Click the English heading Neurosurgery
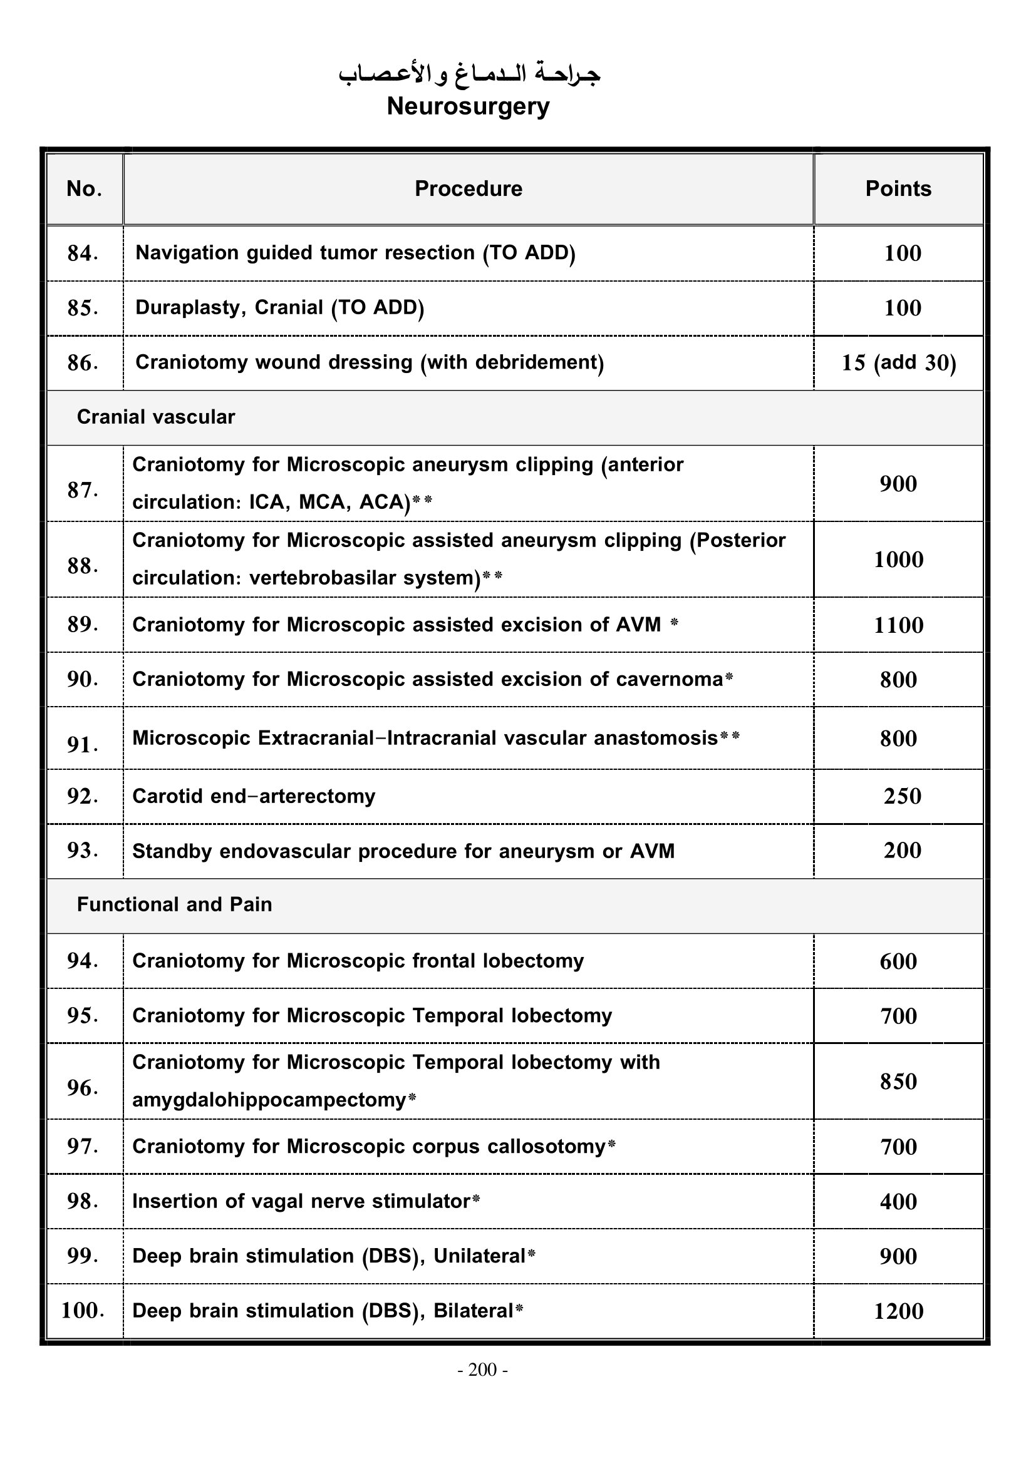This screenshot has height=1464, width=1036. point(469,106)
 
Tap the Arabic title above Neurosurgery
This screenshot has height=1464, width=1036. point(469,74)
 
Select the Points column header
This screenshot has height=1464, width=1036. point(898,189)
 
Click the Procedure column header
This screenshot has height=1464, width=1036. point(469,189)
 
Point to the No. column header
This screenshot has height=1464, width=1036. point(84,189)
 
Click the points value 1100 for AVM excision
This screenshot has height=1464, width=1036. point(898,625)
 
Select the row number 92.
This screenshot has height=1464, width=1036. point(82,796)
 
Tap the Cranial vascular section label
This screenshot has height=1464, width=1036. point(156,417)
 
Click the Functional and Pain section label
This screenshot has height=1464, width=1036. point(174,905)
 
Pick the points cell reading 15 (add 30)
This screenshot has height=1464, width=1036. point(898,363)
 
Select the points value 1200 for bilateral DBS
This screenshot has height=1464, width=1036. point(898,1311)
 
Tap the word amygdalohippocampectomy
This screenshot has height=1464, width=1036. point(269,1100)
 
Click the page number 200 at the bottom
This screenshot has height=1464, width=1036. point(482,1369)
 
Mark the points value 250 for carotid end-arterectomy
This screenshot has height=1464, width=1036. point(902,796)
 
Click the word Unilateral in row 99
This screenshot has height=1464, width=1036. point(479,1256)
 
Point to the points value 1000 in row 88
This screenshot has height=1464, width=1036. point(898,560)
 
